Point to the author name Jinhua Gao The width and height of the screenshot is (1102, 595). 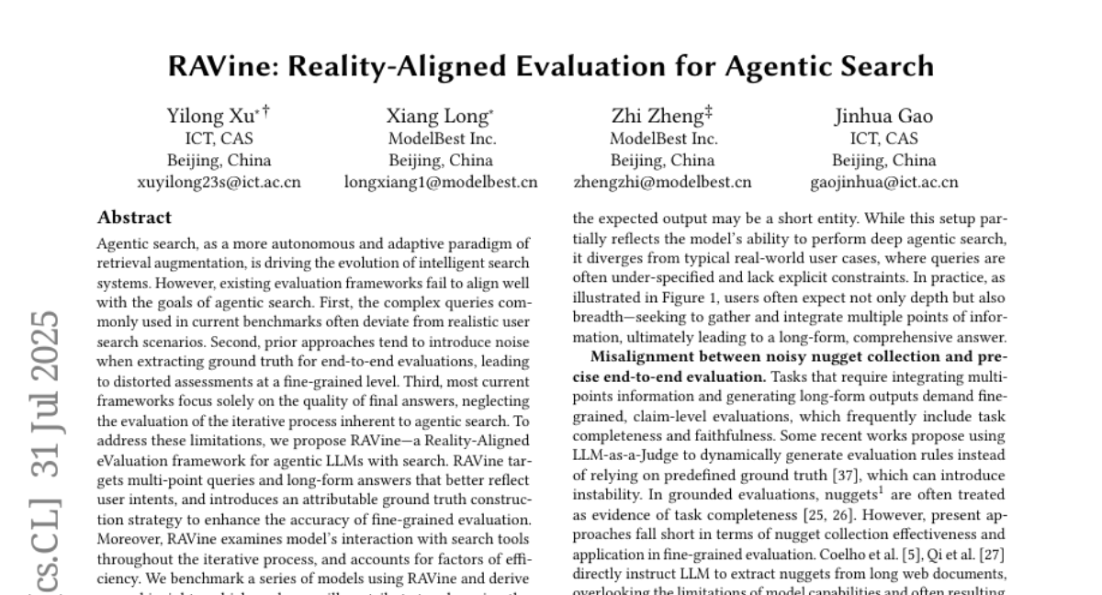pyautogui.click(x=883, y=116)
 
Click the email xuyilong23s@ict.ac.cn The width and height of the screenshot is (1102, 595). pyautogui.click(x=219, y=182)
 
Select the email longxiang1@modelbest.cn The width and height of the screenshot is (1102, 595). pyautogui.click(x=441, y=182)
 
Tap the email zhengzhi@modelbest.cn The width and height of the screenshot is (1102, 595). pyautogui.click(x=662, y=182)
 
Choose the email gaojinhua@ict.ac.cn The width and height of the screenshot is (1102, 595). pyautogui.click(x=884, y=182)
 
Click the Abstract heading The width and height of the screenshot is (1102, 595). pyautogui.click(x=134, y=219)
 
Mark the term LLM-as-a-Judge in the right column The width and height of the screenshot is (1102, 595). pyautogui.click(x=627, y=458)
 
